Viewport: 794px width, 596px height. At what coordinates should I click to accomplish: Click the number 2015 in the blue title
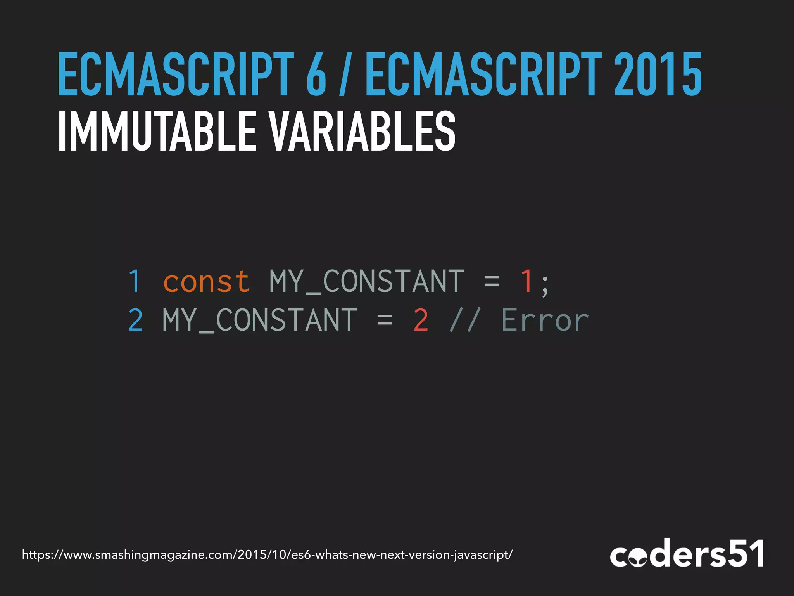[x=658, y=74]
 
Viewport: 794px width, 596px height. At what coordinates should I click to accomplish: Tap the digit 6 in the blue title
[x=316, y=74]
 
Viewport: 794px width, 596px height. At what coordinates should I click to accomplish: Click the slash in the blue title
[x=343, y=74]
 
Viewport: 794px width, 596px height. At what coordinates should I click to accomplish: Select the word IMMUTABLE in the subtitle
[x=157, y=131]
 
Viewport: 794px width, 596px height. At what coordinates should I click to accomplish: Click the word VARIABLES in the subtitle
[x=362, y=131]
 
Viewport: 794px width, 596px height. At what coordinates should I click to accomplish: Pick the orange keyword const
[x=206, y=281]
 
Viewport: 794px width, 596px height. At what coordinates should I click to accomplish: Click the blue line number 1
[x=135, y=281]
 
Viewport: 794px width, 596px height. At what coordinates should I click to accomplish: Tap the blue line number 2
[x=136, y=320]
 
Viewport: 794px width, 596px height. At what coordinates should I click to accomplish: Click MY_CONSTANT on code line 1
[x=366, y=281]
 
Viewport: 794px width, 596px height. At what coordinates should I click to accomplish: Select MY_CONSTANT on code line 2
[x=259, y=320]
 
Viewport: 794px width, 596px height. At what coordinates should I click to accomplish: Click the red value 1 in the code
[x=526, y=281]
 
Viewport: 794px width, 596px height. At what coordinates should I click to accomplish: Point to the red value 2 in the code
[x=421, y=320]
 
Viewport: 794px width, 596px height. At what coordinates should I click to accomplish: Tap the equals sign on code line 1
[x=492, y=281]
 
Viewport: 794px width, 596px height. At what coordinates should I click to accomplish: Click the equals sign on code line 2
[x=385, y=320]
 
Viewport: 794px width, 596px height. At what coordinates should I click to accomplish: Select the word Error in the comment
[x=545, y=320]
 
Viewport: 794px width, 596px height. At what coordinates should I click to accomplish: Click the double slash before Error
[x=465, y=320]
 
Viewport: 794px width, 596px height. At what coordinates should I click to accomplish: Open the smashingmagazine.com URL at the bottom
[x=267, y=555]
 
